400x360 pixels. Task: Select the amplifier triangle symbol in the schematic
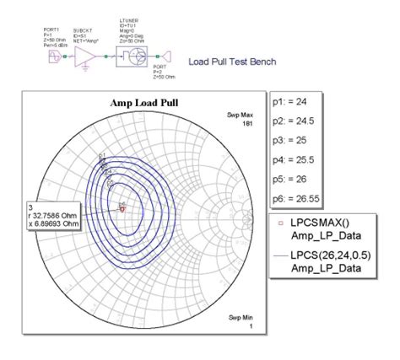tap(86, 56)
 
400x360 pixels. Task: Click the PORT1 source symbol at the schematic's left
tap(57, 56)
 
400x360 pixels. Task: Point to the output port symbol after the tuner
tap(166, 57)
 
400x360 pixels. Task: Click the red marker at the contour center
tap(122, 210)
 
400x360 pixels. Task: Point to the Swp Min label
tap(241, 317)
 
